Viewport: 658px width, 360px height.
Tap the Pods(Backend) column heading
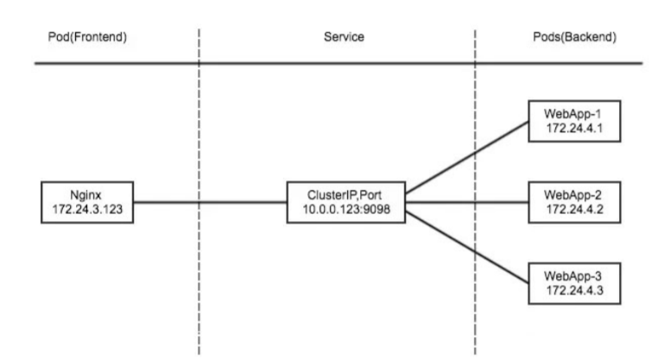click(577, 40)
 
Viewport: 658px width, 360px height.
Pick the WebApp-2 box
click(575, 202)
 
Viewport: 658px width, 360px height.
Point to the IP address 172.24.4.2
click(575, 209)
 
